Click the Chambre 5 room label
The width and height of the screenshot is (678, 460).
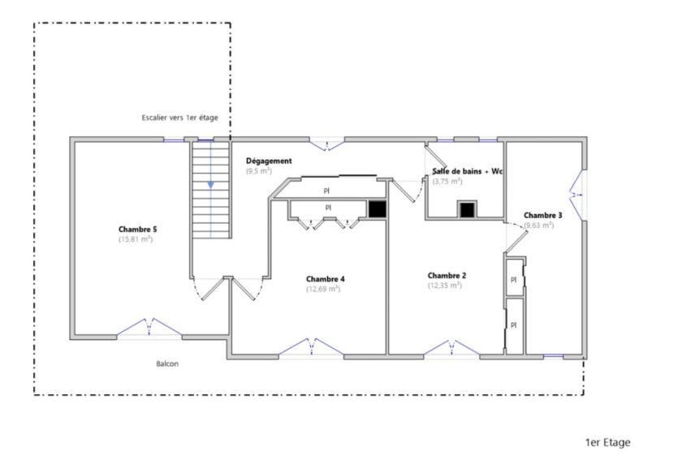(x=136, y=230)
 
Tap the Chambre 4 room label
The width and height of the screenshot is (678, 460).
(x=325, y=278)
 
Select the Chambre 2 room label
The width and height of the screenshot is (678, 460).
(x=447, y=275)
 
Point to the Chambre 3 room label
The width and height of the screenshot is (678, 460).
(x=542, y=215)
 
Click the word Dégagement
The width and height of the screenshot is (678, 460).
(x=269, y=161)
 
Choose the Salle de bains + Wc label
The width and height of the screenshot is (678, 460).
(x=468, y=171)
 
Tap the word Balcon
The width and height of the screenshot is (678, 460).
(x=167, y=363)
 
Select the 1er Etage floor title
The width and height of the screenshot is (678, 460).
(x=607, y=442)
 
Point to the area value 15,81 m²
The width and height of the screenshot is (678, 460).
(x=136, y=240)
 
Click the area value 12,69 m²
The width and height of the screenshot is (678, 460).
(x=323, y=289)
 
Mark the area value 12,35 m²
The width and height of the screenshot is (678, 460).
(x=445, y=286)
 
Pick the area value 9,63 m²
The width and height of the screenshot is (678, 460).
(x=538, y=225)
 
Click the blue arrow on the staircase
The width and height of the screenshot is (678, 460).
(x=210, y=185)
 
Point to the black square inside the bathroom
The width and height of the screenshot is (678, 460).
(x=466, y=210)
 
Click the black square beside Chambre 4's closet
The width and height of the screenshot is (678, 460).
(x=377, y=209)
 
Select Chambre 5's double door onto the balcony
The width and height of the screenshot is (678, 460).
(x=149, y=327)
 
